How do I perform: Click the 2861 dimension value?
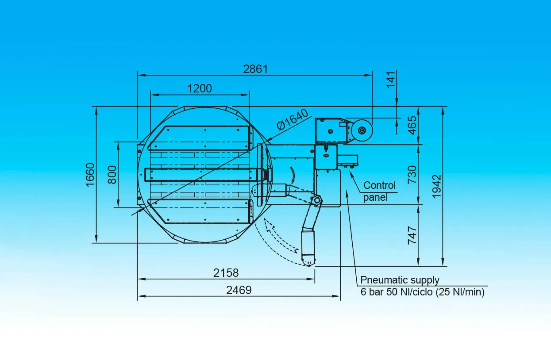255,69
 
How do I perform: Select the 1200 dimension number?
200,88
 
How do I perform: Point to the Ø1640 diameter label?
292,119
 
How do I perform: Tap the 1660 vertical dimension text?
90,175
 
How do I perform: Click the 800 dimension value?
112,175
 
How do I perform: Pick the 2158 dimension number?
226,273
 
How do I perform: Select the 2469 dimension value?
239,290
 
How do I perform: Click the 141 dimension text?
391,79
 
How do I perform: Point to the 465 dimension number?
412,125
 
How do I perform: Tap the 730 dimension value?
412,175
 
